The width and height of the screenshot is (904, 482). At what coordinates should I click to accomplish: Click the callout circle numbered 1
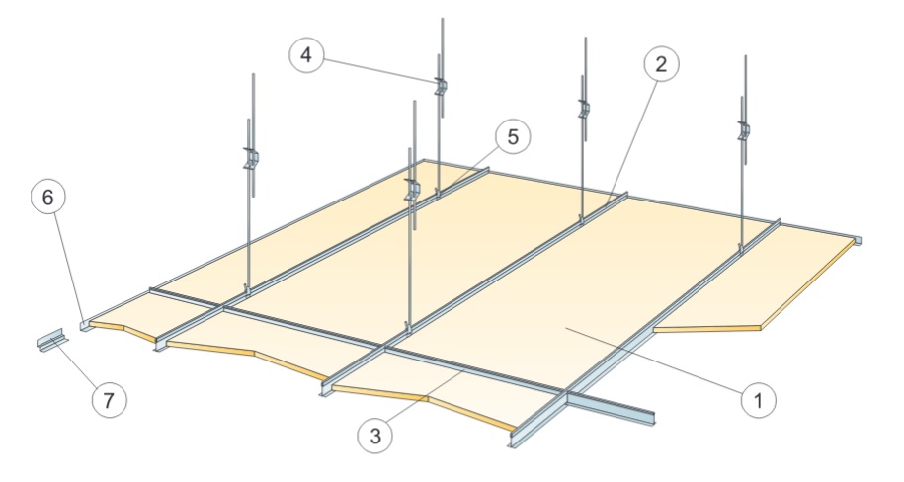pyautogui.click(x=758, y=399)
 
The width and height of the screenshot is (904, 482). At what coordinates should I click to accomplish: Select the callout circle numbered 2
pyautogui.click(x=661, y=63)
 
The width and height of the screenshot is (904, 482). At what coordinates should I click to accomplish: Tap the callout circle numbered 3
pyautogui.click(x=375, y=436)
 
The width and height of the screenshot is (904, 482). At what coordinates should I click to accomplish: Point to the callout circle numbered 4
pyautogui.click(x=306, y=55)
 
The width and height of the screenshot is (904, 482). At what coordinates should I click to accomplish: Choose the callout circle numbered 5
pyautogui.click(x=513, y=137)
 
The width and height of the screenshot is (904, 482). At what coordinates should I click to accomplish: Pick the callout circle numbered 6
pyautogui.click(x=47, y=198)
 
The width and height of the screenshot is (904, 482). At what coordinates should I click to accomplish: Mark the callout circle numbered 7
pyautogui.click(x=109, y=399)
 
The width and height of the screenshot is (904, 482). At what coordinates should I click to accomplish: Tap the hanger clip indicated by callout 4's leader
pyautogui.click(x=441, y=88)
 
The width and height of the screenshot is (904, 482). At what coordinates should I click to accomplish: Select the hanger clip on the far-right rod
pyautogui.click(x=744, y=131)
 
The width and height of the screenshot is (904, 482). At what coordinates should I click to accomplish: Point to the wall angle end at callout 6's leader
pyautogui.click(x=85, y=326)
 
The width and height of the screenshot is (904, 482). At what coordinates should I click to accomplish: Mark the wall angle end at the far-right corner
pyautogui.click(x=858, y=240)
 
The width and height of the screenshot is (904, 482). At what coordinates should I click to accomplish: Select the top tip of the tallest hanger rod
pyautogui.click(x=443, y=19)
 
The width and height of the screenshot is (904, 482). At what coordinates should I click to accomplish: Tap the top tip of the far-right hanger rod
pyautogui.click(x=746, y=56)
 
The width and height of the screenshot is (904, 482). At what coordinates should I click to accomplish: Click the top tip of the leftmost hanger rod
pyautogui.click(x=253, y=74)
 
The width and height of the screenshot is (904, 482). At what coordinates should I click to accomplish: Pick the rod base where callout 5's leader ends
pyautogui.click(x=438, y=194)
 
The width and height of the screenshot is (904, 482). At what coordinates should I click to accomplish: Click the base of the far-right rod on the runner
pyautogui.click(x=741, y=249)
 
